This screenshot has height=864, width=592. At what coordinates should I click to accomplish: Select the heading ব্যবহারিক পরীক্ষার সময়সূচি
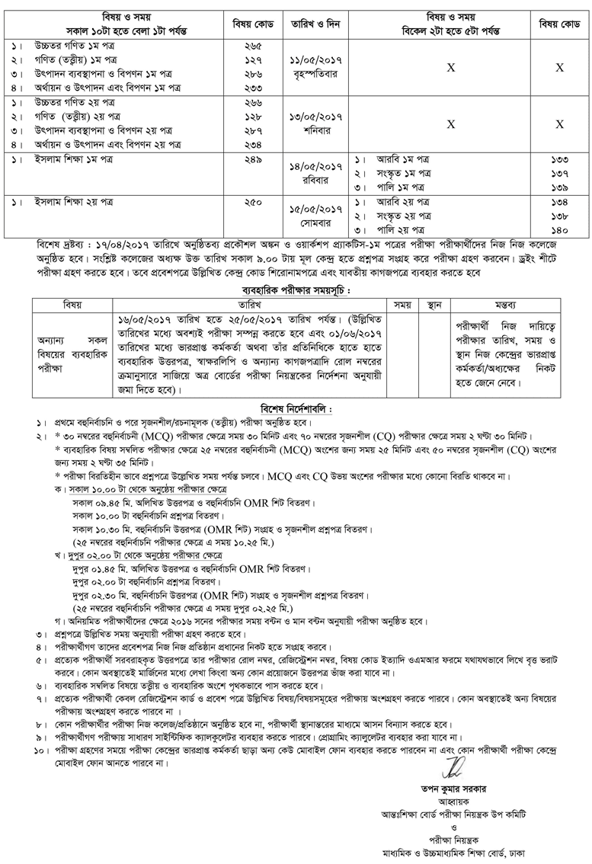(296, 290)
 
